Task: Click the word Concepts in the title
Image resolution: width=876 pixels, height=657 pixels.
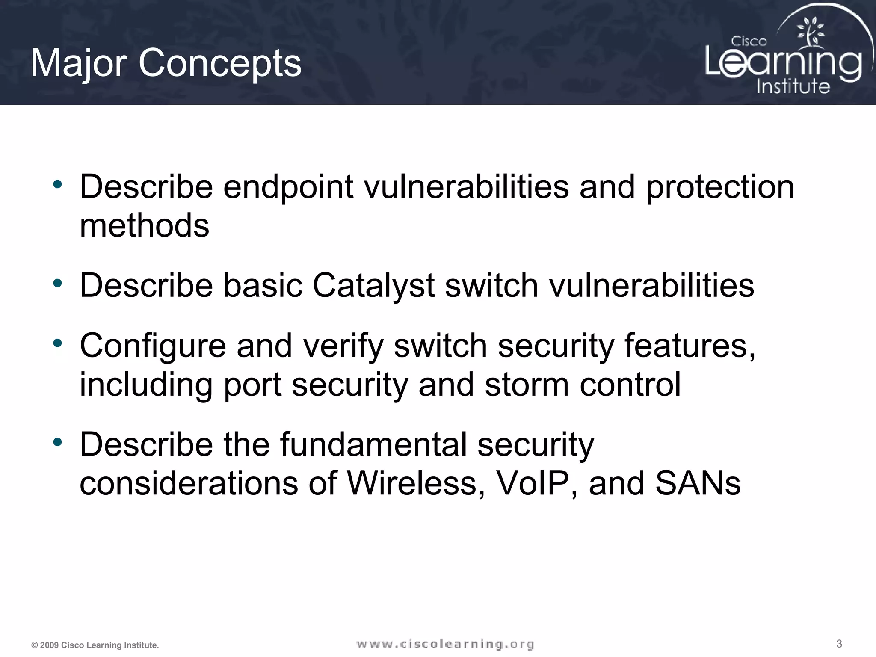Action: point(220,63)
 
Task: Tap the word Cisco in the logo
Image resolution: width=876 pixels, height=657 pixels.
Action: point(749,41)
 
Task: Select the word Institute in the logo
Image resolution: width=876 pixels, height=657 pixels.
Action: point(793,86)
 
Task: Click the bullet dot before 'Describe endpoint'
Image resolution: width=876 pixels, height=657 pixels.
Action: point(58,185)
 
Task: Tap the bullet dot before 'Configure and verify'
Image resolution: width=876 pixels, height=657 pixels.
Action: point(58,343)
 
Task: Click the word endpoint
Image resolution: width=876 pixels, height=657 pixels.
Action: point(288,187)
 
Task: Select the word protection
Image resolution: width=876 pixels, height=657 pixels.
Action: point(719,187)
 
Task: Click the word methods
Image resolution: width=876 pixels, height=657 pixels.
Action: point(145,225)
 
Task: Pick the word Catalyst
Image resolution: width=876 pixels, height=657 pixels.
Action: point(373,286)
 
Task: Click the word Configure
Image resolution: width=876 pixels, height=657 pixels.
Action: point(153,346)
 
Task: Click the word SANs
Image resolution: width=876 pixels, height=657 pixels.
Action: point(698,483)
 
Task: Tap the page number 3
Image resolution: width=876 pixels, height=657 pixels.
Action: point(839,644)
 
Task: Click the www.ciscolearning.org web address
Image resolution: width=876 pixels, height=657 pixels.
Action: point(445,644)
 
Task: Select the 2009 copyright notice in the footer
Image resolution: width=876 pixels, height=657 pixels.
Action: point(95,645)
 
